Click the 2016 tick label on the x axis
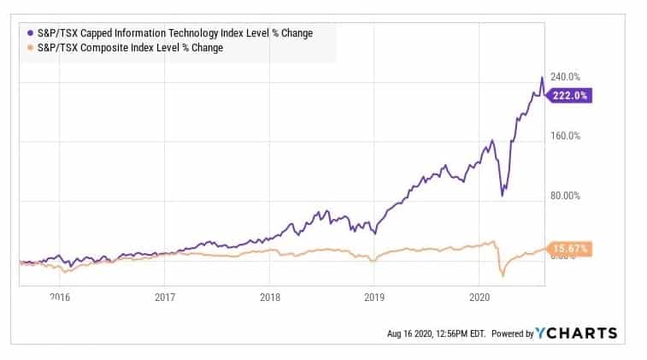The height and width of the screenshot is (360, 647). pyautogui.click(x=59, y=298)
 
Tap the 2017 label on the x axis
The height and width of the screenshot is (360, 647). pyautogui.click(x=165, y=298)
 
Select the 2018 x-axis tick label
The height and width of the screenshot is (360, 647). pyautogui.click(x=269, y=298)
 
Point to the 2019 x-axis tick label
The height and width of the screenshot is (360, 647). pyautogui.click(x=374, y=298)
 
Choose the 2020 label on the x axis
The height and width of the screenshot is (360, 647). pyautogui.click(x=479, y=298)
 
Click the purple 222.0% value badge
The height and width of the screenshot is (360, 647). pyautogui.click(x=570, y=96)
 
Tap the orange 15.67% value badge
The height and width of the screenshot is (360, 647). pyautogui.click(x=570, y=249)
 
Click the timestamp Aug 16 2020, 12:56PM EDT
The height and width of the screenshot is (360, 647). pyautogui.click(x=437, y=333)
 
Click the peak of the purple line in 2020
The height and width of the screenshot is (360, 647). pyautogui.click(x=541, y=78)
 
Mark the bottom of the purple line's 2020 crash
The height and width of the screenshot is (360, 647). pyautogui.click(x=502, y=196)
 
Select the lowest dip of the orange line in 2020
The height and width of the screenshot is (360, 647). pyautogui.click(x=503, y=275)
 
